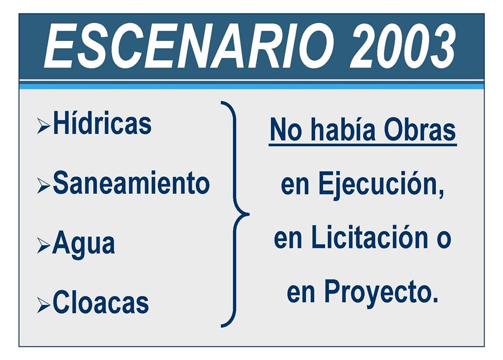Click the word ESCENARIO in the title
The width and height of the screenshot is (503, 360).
pyautogui.click(x=189, y=46)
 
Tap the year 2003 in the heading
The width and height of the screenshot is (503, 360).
pyautogui.click(x=402, y=46)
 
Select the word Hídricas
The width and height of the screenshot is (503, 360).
pyautogui.click(x=102, y=123)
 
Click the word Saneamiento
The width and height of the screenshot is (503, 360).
pyautogui.click(x=131, y=182)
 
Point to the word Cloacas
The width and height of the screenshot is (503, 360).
pyautogui.click(x=101, y=302)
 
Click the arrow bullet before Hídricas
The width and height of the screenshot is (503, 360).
pyautogui.click(x=43, y=125)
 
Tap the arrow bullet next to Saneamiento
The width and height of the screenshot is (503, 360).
pyautogui.click(x=43, y=186)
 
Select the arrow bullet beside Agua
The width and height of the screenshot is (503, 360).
pyautogui.click(x=43, y=245)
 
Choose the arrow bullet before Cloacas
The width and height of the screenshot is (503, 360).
pyautogui.click(x=43, y=305)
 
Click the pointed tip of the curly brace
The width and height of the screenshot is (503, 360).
pyautogui.click(x=249, y=214)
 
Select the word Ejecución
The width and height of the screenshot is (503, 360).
pyautogui.click(x=381, y=184)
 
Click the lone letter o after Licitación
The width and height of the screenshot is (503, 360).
pyautogui.click(x=444, y=241)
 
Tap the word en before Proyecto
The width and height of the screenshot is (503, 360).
pyautogui.click(x=301, y=294)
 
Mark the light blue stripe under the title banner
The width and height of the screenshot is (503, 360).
pyautogui.click(x=251, y=85)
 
